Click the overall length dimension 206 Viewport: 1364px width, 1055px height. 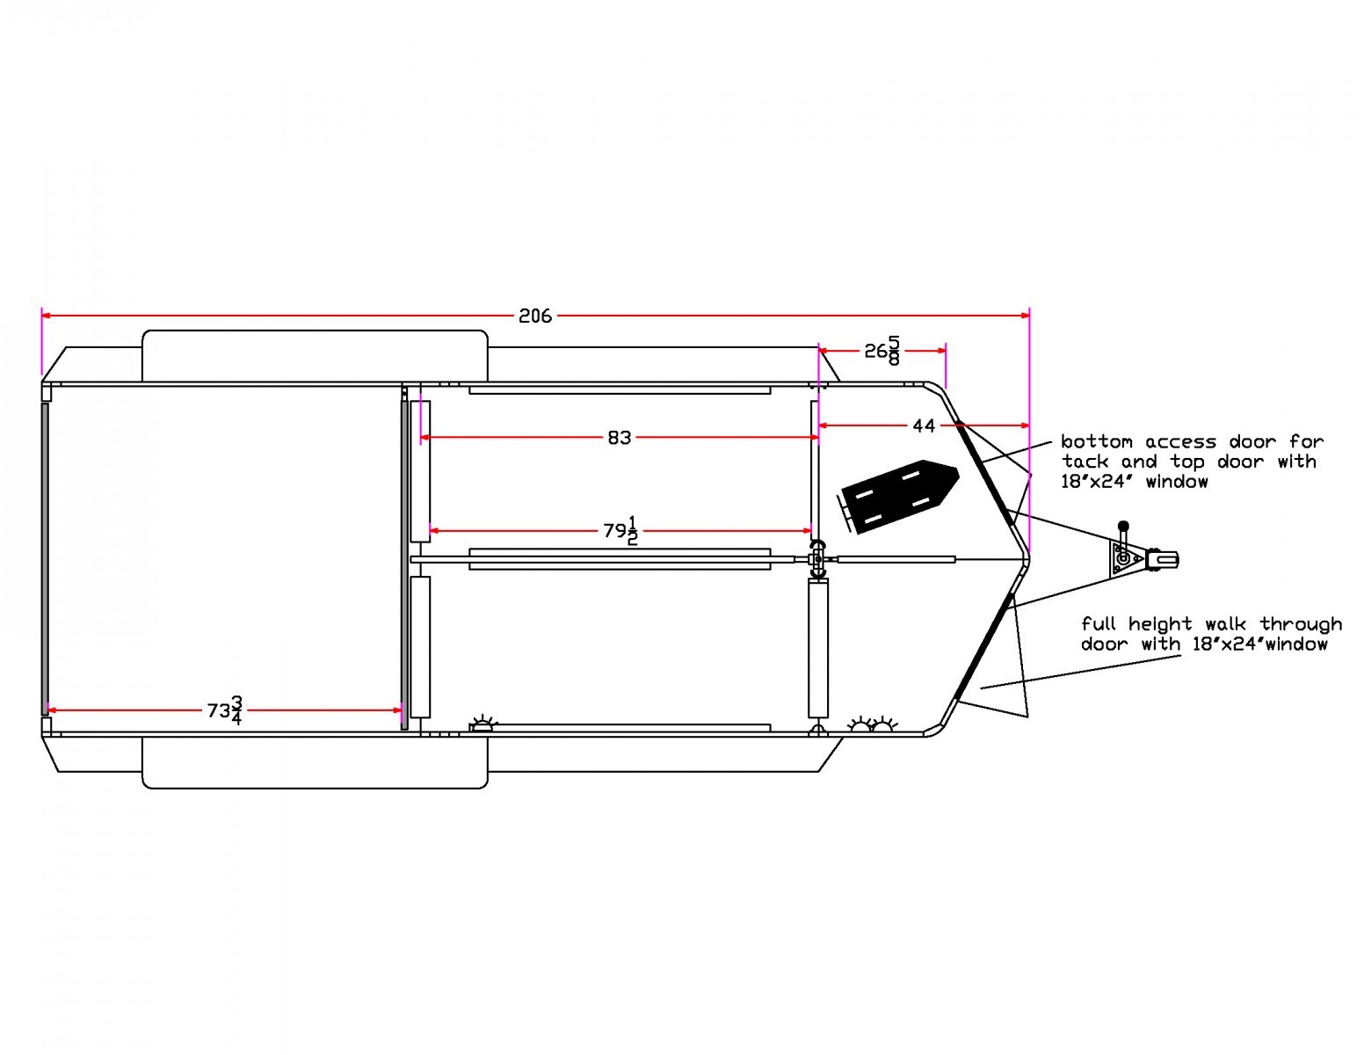[535, 316]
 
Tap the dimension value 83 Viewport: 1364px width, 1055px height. [619, 438]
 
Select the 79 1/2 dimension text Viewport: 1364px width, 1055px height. [621, 531]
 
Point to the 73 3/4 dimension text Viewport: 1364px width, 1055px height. [225, 710]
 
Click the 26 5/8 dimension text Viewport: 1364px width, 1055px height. [882, 351]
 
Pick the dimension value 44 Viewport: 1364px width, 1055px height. [924, 426]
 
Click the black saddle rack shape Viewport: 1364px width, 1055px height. [899, 497]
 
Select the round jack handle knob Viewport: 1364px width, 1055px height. [1123, 526]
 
